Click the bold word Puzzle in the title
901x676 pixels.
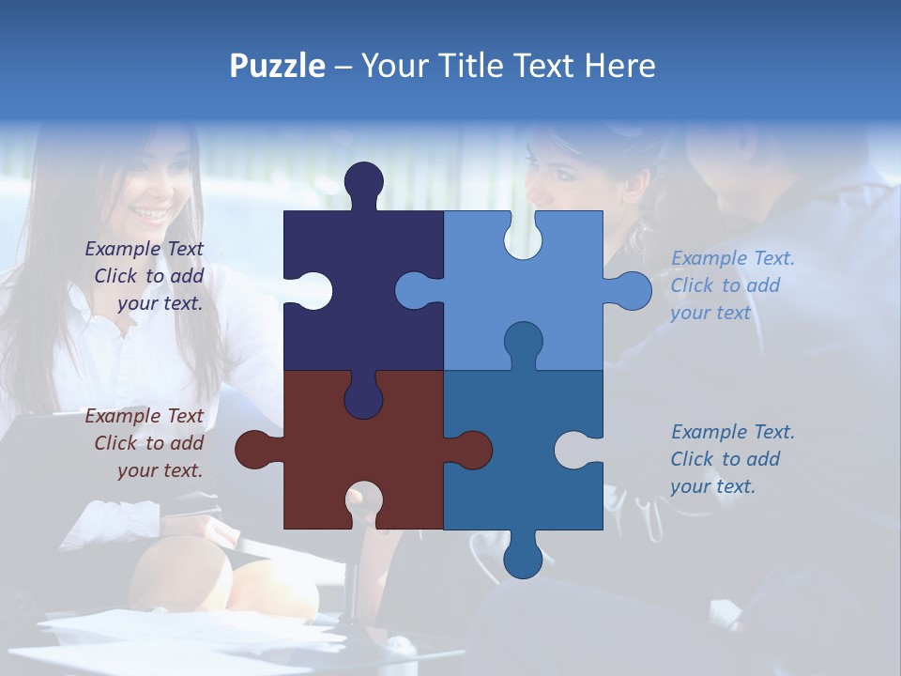pos(277,66)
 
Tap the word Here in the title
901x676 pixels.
pos(619,66)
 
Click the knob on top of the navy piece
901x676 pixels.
pos(363,183)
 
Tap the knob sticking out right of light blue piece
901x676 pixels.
pos(631,291)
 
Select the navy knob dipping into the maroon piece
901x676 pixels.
pos(363,399)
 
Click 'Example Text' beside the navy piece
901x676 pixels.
pos(144,249)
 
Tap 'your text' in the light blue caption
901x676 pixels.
pos(710,313)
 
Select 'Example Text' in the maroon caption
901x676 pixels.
pos(144,416)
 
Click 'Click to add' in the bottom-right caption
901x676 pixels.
pos(725,459)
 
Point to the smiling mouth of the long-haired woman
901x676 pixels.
pos(147,213)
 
